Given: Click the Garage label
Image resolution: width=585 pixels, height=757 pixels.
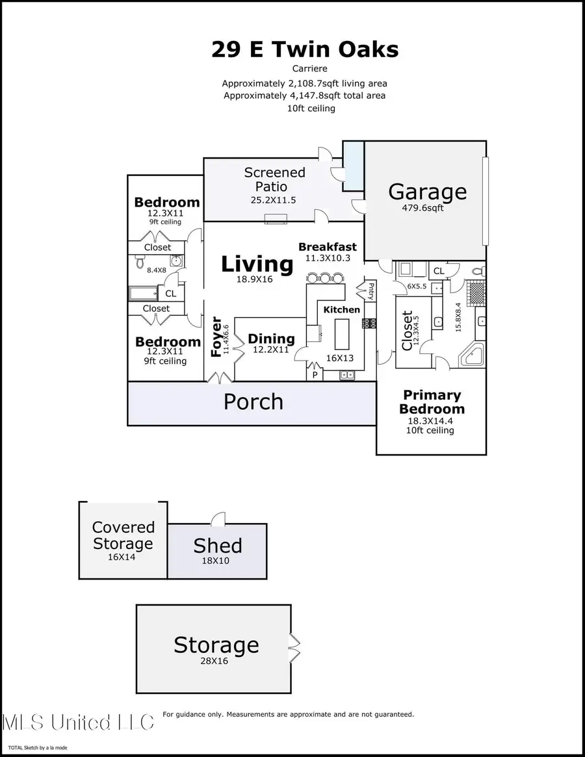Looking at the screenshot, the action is tap(428, 192).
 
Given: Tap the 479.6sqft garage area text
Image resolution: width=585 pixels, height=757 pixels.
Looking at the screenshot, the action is tap(422, 208).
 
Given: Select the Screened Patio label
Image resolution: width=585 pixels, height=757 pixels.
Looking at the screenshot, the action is tap(274, 179).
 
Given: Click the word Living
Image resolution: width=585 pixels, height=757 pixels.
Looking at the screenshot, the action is tap(257, 264).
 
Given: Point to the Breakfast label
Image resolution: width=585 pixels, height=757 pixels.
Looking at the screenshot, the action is tap(328, 247).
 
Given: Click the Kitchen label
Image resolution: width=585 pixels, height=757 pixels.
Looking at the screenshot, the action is tap(341, 309).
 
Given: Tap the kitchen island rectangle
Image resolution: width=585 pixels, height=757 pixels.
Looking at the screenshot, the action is tap(341, 334).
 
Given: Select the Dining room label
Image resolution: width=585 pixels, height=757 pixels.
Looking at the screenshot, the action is tap(271, 339).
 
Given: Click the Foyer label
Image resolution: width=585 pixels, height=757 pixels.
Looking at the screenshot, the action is tap(216, 337).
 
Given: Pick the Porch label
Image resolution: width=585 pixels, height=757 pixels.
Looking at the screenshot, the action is tap(253, 402).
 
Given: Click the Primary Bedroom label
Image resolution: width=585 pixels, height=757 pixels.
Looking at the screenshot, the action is tap(432, 402).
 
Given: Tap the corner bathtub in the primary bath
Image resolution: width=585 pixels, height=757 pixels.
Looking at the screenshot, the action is tap(472, 355).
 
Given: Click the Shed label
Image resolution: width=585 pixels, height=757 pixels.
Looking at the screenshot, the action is tap(217, 546).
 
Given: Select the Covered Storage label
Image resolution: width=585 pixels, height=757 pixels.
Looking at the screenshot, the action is tap(123, 535).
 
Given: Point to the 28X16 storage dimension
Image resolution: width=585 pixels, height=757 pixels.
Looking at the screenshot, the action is tap(214, 661).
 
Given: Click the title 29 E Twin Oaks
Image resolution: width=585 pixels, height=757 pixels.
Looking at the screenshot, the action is tap(305, 49).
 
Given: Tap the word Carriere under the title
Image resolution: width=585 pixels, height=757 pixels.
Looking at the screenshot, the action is tap(309, 69).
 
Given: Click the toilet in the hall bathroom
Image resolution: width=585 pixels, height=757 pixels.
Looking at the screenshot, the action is tap(140, 263).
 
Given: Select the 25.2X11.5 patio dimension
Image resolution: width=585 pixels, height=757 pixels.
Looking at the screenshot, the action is tap(273, 200).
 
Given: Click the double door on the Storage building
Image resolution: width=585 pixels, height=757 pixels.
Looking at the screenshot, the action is tap(294, 648).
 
